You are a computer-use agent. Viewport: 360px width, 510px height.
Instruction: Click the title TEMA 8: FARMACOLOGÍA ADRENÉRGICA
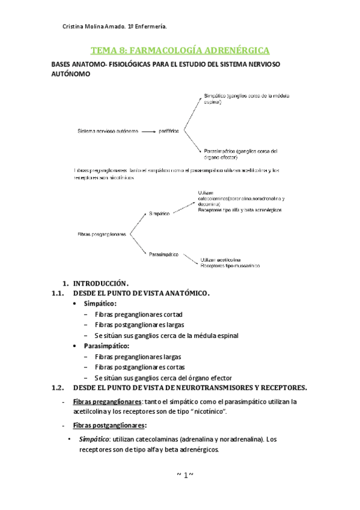click(180, 50)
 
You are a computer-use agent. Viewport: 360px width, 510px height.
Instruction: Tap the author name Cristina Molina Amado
click(103, 26)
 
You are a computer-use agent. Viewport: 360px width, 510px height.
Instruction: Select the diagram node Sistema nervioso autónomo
click(108, 130)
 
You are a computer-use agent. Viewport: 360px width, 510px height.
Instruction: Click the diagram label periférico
click(171, 130)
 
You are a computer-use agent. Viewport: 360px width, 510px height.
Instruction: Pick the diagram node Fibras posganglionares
click(102, 234)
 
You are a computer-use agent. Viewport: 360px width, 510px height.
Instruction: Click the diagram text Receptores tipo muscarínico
click(230, 264)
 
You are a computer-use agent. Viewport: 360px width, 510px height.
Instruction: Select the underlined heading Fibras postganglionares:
click(109, 425)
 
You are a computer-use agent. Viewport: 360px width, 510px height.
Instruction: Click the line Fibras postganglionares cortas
click(139, 367)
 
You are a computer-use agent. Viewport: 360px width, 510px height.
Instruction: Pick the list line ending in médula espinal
click(166, 335)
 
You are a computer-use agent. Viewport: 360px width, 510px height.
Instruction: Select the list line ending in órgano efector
click(163, 377)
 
